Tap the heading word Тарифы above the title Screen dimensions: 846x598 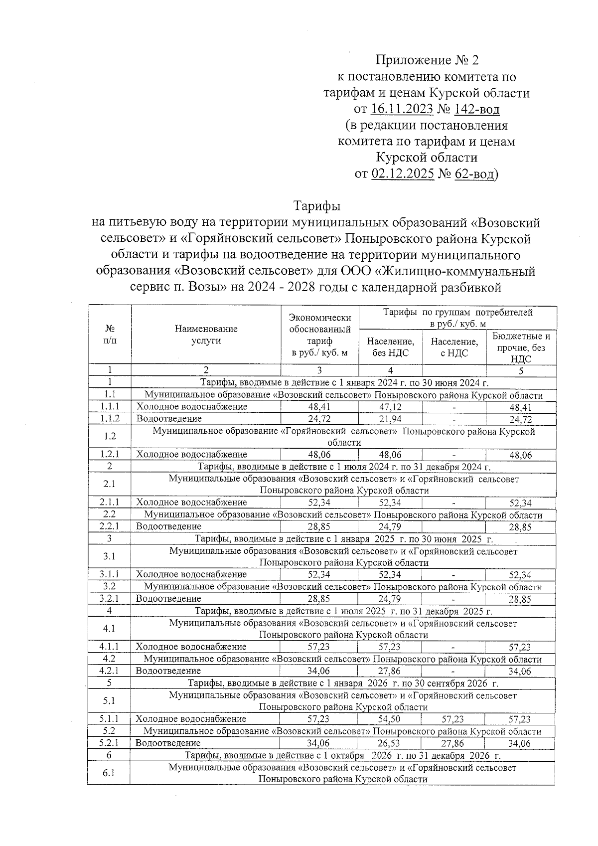pos(316,206)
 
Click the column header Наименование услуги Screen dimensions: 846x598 pos(206,335)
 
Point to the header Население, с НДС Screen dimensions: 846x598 pos(454,347)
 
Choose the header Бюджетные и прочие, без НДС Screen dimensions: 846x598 pos(521,347)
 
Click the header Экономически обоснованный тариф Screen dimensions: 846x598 pos(320,335)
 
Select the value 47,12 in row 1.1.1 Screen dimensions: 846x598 pos(390,407)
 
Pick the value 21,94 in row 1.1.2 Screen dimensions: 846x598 pos(390,419)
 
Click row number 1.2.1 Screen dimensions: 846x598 pos(109,455)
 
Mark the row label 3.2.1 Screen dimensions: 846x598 pos(109,599)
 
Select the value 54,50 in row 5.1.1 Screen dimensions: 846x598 pos(389,719)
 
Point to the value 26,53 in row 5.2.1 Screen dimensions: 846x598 pos(389,743)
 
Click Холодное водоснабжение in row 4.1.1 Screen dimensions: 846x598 pos(191,647)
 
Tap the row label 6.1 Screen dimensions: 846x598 pos(109,773)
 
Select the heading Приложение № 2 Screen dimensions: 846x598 pos(427,61)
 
